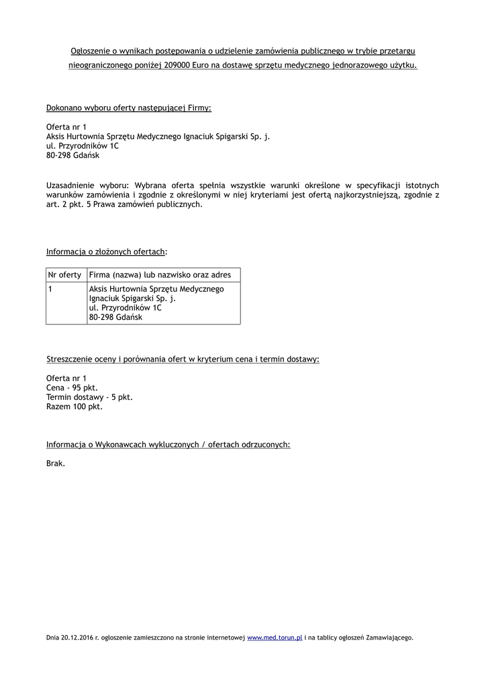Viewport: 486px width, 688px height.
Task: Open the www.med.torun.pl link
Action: point(275,637)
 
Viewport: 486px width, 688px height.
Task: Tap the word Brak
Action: point(56,463)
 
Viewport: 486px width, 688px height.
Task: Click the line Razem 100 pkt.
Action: point(75,406)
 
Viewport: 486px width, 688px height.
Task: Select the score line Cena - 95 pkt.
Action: point(72,388)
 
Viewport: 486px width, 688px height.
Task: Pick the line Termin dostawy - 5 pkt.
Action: point(89,397)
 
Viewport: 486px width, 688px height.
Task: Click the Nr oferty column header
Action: point(65,275)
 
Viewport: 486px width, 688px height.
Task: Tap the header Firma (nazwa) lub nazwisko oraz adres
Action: point(160,275)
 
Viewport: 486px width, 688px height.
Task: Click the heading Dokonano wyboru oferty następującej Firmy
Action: point(129,107)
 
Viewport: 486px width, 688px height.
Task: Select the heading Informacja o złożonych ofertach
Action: point(106,252)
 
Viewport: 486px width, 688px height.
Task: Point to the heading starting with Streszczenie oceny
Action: point(183,359)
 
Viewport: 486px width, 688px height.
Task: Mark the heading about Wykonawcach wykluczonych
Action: point(168,445)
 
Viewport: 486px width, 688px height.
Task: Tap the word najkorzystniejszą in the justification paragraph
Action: point(367,195)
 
